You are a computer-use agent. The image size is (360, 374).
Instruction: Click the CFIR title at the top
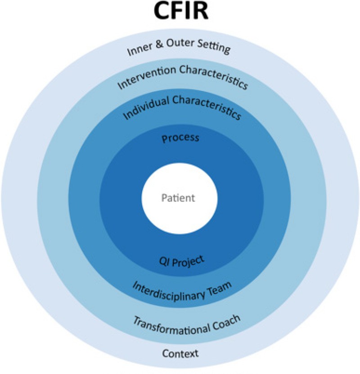pyautogui.click(x=180, y=12)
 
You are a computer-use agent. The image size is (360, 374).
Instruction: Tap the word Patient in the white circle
pyautogui.click(x=179, y=198)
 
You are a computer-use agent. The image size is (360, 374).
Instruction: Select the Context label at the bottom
pyautogui.click(x=180, y=353)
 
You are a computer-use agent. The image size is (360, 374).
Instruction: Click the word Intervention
pyautogui.click(x=141, y=77)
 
